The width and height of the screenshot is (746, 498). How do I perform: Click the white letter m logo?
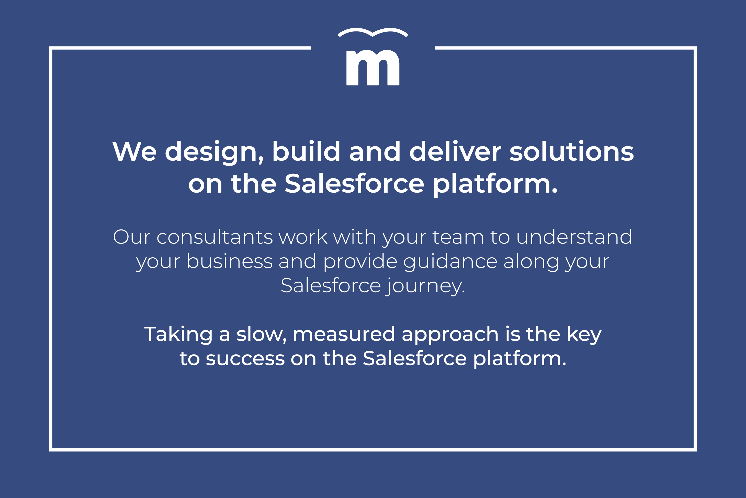tap(373, 68)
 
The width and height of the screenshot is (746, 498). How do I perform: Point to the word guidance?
tap(450, 262)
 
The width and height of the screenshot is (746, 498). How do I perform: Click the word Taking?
tap(178, 335)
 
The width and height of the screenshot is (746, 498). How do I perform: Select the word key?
tap(584, 335)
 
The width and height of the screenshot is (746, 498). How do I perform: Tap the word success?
tap(245, 359)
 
